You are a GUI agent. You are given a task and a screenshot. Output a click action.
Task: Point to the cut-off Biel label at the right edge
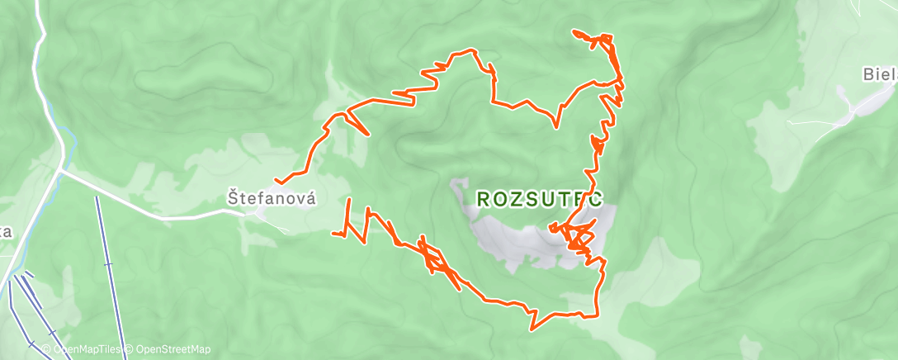point(880,75)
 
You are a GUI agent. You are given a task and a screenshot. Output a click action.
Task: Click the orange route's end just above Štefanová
point(276,182)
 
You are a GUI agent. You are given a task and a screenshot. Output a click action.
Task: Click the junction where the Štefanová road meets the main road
point(63,169)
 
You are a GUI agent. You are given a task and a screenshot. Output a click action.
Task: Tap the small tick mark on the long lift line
point(107,264)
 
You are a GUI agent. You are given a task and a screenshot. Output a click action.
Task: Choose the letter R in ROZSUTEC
point(484,199)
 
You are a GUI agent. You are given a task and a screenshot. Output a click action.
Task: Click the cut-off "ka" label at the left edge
point(6,232)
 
